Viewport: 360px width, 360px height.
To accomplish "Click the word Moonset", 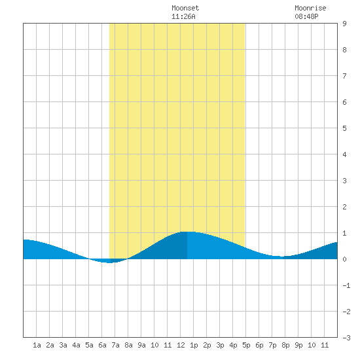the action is point(185,8).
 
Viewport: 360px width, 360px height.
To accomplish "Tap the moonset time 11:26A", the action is point(183,16).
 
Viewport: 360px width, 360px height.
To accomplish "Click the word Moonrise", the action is point(310,8).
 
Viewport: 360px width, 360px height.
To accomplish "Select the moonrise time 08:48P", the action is point(306,16).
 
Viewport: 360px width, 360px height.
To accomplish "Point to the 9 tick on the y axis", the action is point(344,24).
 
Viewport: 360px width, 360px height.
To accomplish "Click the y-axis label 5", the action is point(344,128).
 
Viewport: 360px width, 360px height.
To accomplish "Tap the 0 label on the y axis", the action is point(344,259).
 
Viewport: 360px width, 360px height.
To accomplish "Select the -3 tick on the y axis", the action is point(346,338).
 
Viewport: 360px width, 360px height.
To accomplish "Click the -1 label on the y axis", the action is point(346,285).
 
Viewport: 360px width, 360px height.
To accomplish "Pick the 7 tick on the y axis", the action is point(344,76).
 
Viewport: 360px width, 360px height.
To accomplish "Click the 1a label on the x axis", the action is point(37,345).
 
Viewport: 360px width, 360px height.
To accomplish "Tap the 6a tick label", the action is point(102,345).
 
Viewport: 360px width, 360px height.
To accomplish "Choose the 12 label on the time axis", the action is point(181,345).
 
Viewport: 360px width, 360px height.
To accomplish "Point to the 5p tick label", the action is point(246,345).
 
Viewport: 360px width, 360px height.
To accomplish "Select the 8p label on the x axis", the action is point(285,345).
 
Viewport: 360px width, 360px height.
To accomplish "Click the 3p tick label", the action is point(220,345).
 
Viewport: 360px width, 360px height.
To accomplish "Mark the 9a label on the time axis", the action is point(141,345).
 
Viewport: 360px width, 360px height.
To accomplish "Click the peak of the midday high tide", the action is point(187,232).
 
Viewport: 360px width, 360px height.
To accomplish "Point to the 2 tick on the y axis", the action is point(344,207).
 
